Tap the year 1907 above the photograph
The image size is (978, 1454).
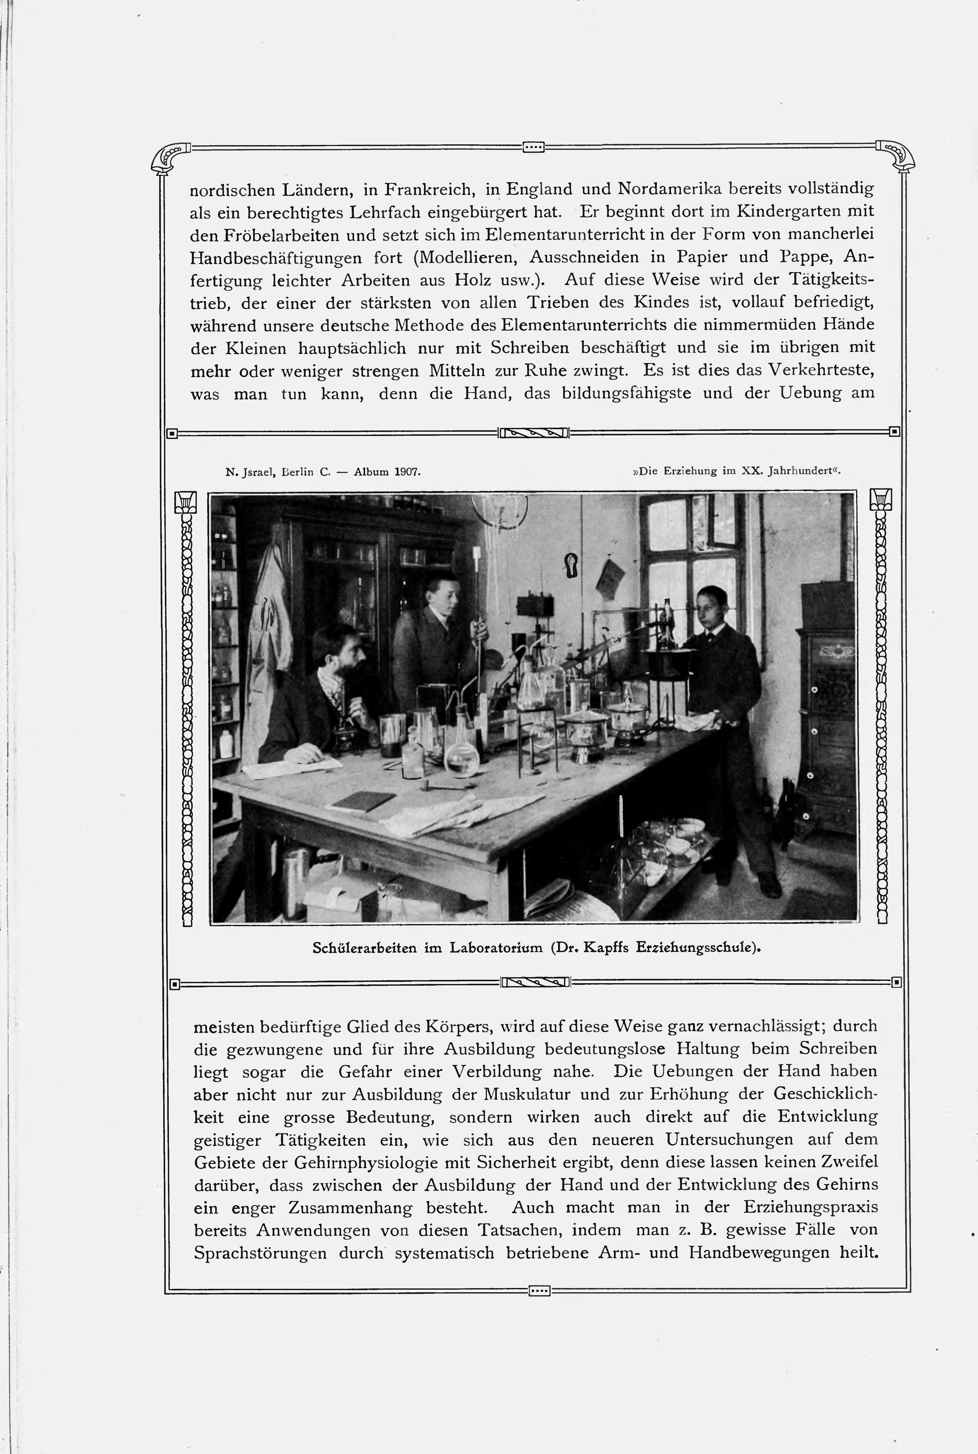[x=407, y=472]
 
